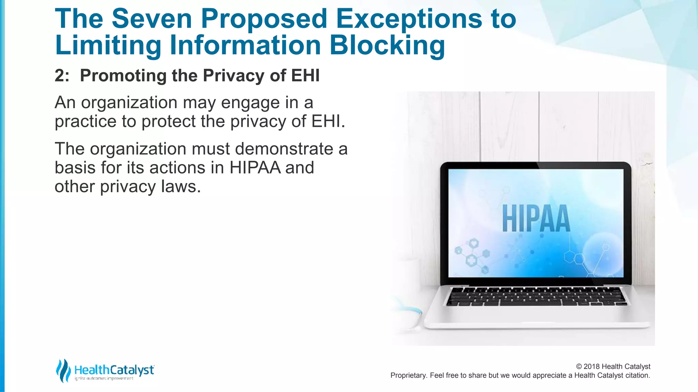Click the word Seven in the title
[x=152, y=19]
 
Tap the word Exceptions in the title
[x=409, y=19]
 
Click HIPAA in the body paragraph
[x=255, y=168]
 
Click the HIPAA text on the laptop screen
[x=536, y=218]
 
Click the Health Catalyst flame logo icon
[x=63, y=371]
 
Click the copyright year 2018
[x=592, y=366]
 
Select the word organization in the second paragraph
[x=138, y=149]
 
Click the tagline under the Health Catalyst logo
[x=104, y=378]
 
